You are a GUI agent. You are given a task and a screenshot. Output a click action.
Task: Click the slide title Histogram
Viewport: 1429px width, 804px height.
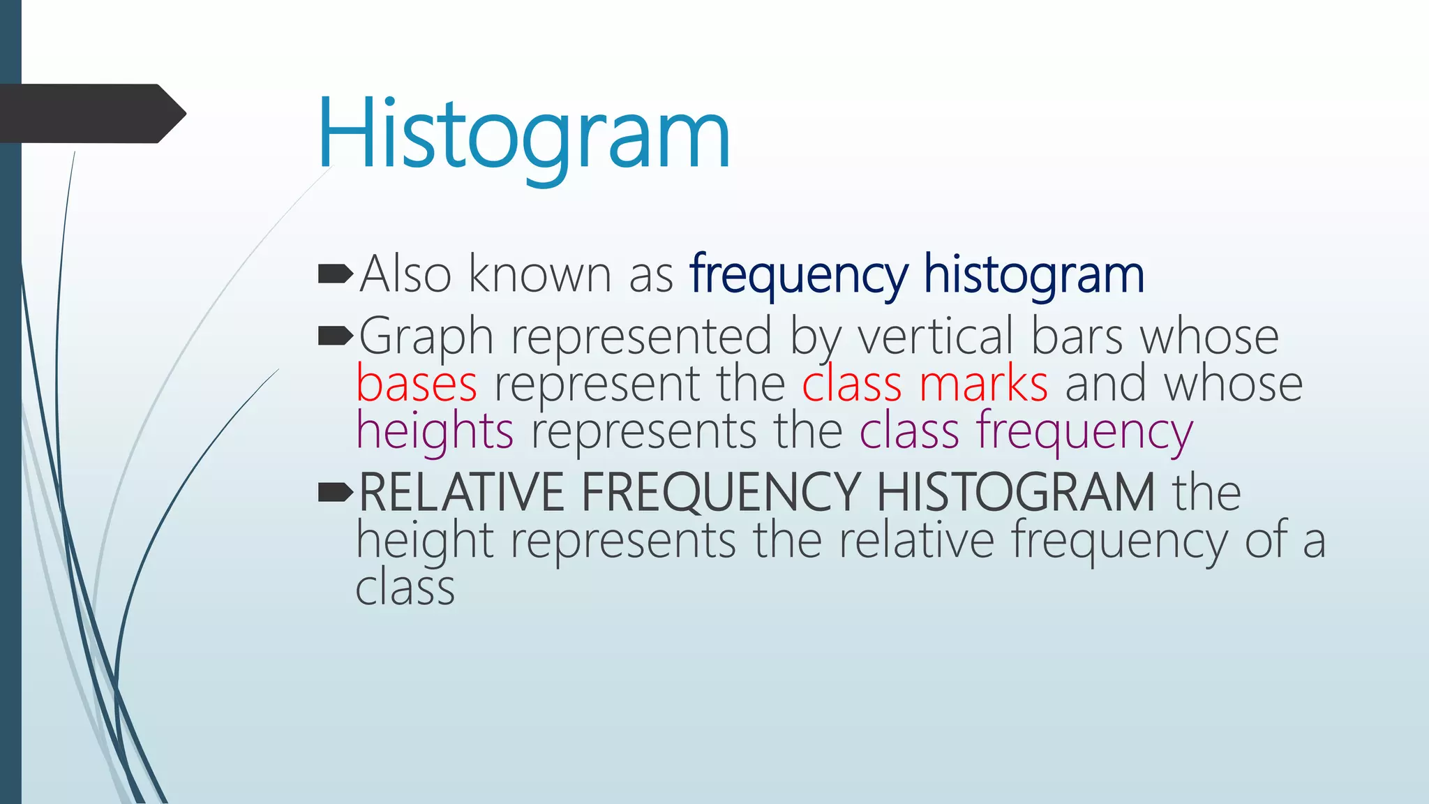tap(523, 134)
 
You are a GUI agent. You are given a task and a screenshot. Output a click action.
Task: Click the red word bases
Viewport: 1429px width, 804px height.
tap(417, 384)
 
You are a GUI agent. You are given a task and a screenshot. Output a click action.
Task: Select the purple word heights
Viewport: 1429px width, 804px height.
tap(435, 431)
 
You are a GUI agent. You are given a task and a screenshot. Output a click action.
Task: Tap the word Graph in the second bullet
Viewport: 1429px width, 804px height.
tap(426, 337)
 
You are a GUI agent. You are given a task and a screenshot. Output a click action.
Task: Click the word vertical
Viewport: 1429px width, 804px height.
tap(935, 337)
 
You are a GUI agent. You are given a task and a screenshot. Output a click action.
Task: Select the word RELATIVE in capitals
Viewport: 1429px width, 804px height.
tap(461, 493)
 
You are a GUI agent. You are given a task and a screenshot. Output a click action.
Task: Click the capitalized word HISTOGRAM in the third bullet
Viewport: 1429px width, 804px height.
tap(1015, 493)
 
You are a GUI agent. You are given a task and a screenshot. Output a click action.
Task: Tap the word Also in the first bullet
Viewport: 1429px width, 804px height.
tap(405, 274)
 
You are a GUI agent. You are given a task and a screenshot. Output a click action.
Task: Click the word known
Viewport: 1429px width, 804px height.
tap(539, 274)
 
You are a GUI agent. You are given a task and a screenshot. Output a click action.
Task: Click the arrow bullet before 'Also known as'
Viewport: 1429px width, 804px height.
tap(335, 274)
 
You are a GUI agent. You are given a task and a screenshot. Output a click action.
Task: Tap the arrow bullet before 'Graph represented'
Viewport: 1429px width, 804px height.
tap(335, 337)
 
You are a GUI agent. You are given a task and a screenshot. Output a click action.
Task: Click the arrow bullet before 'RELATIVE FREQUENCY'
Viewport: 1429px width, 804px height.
tap(335, 493)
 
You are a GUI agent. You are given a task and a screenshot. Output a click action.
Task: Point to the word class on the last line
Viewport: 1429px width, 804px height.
tap(405, 588)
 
